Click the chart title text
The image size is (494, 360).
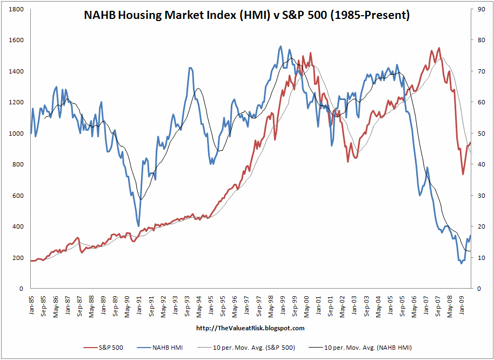(247, 16)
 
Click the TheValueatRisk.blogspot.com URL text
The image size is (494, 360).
(250, 328)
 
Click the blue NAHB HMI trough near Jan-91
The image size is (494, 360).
(139, 226)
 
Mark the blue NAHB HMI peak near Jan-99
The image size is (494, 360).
(281, 46)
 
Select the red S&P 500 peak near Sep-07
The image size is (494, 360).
(438, 48)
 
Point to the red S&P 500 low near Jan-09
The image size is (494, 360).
(463, 174)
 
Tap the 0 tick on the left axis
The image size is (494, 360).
(21, 289)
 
